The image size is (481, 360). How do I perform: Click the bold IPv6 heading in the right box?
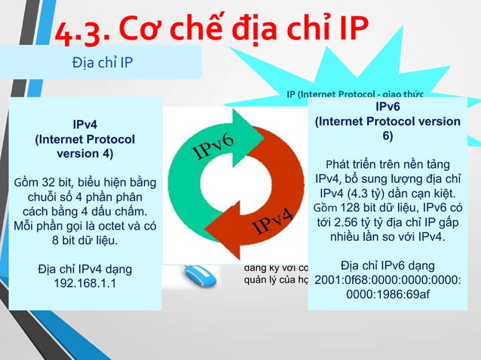[x=387, y=108]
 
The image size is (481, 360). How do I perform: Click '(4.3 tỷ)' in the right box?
[x=369, y=194]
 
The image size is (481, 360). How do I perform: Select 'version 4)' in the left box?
[x=85, y=154]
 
